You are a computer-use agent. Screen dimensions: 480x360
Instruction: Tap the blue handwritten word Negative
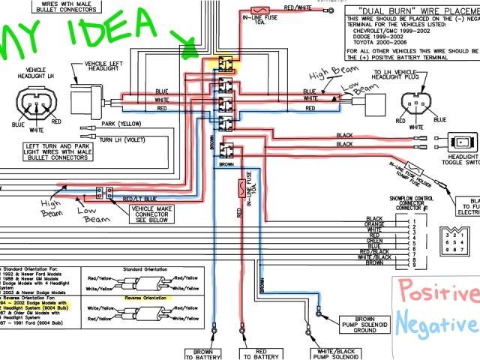[x=436, y=325]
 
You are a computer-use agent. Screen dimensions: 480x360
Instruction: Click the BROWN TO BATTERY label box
[x=214, y=352]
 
